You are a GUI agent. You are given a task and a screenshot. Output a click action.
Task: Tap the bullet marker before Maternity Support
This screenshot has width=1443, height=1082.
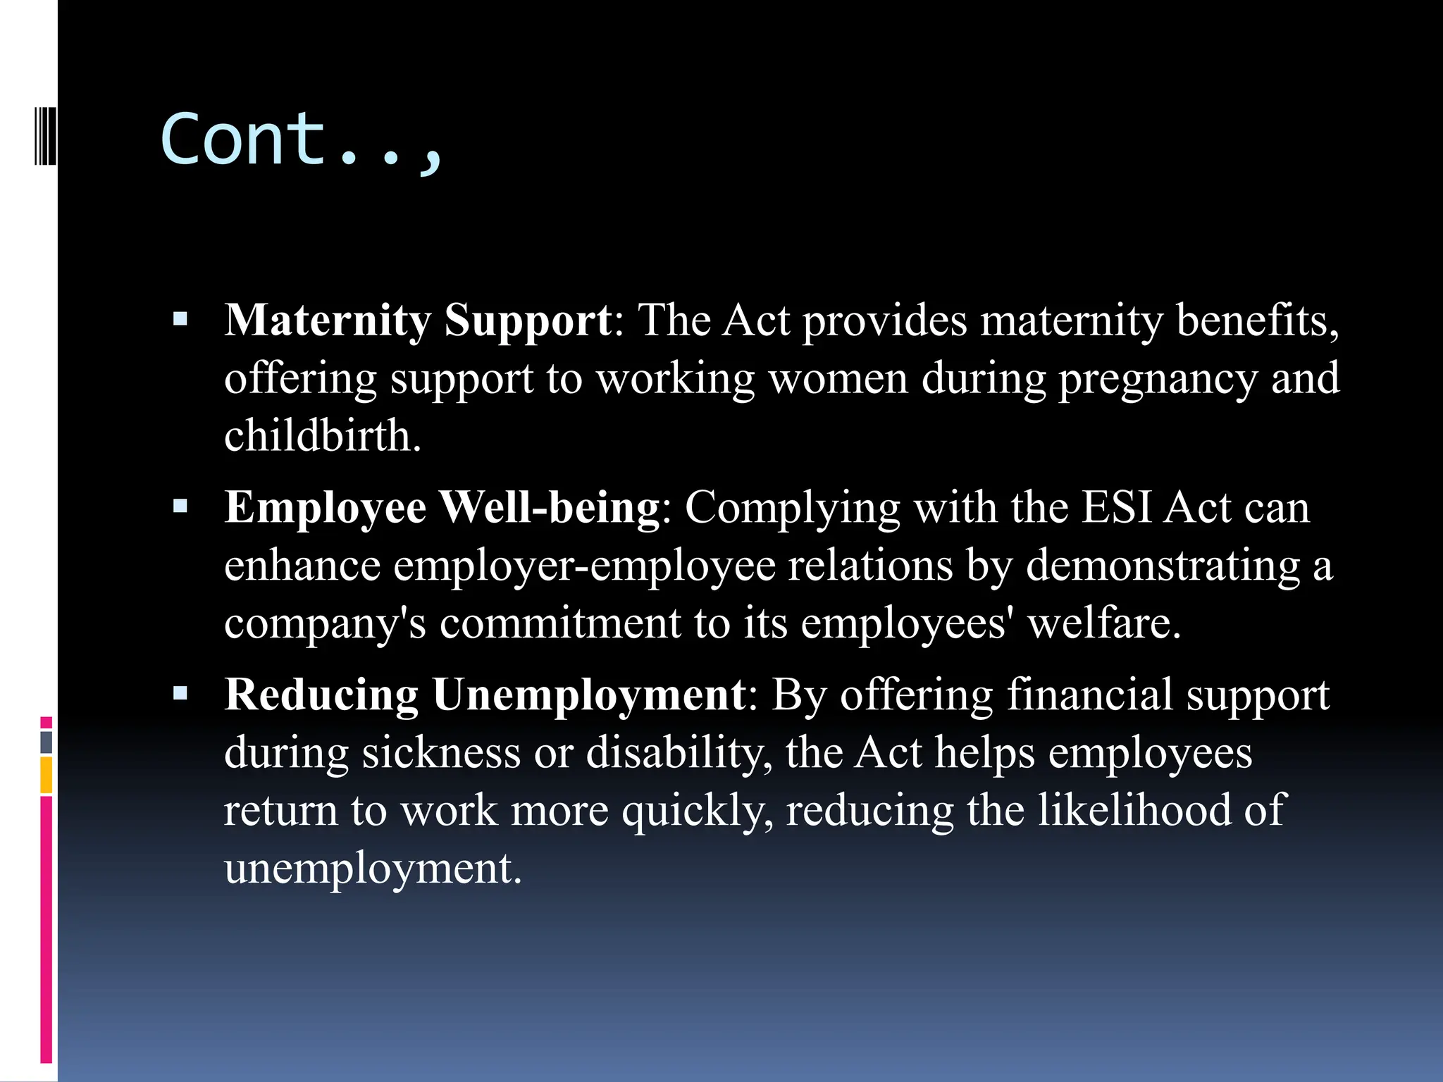[x=180, y=321]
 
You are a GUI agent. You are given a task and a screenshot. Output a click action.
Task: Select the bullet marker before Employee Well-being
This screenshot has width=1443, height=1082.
[x=180, y=506]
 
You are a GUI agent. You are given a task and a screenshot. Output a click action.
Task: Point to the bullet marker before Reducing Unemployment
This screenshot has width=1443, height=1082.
[x=180, y=694]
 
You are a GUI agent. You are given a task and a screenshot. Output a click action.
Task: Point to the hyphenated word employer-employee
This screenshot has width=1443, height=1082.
[x=584, y=566]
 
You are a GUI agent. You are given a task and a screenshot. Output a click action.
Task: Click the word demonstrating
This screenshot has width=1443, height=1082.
[x=1163, y=566]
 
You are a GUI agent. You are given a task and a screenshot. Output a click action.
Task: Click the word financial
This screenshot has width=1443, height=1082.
[x=1089, y=695]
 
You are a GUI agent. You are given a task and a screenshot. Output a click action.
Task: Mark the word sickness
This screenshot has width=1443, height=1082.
[x=441, y=752]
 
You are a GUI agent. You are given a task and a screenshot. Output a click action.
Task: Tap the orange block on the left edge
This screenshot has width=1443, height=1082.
[x=47, y=774]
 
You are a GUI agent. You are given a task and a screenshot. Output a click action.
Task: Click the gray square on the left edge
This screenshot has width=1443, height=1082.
[x=47, y=742]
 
